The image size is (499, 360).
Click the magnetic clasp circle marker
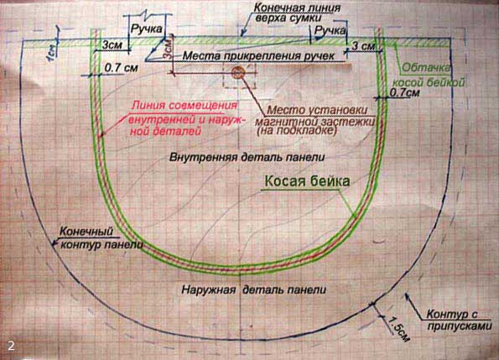tap(237, 73)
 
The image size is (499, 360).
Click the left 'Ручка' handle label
tap(147, 29)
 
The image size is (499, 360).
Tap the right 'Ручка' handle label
tap(330, 30)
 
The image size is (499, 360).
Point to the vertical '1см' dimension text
tap(52, 52)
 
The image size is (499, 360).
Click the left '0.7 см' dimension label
tap(121, 67)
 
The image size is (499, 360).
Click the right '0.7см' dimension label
tap(404, 92)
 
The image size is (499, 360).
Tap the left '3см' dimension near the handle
tap(112, 45)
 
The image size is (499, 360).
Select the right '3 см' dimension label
tap(363, 46)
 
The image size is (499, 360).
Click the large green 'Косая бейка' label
tap(307, 181)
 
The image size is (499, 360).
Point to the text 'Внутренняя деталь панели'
tap(247, 157)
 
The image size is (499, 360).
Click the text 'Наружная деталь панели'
tap(253, 290)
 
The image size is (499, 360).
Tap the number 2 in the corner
tap(11, 346)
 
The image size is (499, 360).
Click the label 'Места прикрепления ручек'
tap(258, 56)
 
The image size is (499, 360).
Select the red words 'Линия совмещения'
tap(185, 106)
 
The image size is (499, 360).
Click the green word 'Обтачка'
tap(426, 67)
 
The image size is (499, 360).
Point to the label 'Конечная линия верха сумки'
tap(297, 13)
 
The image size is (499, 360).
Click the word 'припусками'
tap(460, 326)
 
